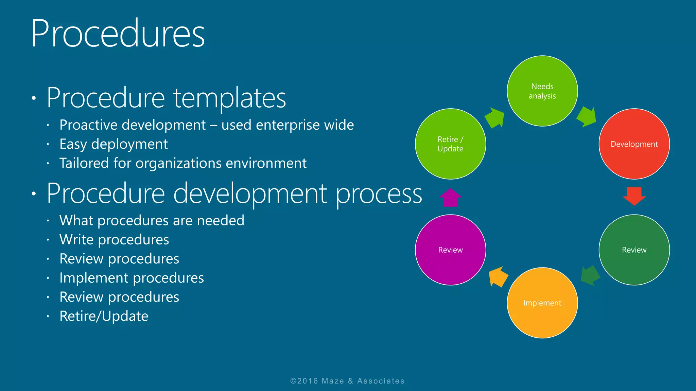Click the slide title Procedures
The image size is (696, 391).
click(x=118, y=34)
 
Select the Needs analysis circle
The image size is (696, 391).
click(x=542, y=91)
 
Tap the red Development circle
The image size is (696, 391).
click(x=634, y=144)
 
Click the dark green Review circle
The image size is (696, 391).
click(x=634, y=250)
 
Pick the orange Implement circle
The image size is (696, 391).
click(x=542, y=303)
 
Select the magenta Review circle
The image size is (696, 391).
click(x=450, y=250)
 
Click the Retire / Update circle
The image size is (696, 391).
click(x=450, y=144)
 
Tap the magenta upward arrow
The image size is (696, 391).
click(x=450, y=198)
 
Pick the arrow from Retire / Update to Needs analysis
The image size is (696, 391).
click(x=495, y=118)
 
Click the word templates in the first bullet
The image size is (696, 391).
click(x=230, y=98)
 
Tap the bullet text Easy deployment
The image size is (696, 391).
click(x=114, y=144)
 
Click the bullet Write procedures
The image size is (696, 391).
click(x=114, y=240)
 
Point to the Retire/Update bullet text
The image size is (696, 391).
click(x=104, y=316)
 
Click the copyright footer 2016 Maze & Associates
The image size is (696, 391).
click(x=347, y=381)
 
